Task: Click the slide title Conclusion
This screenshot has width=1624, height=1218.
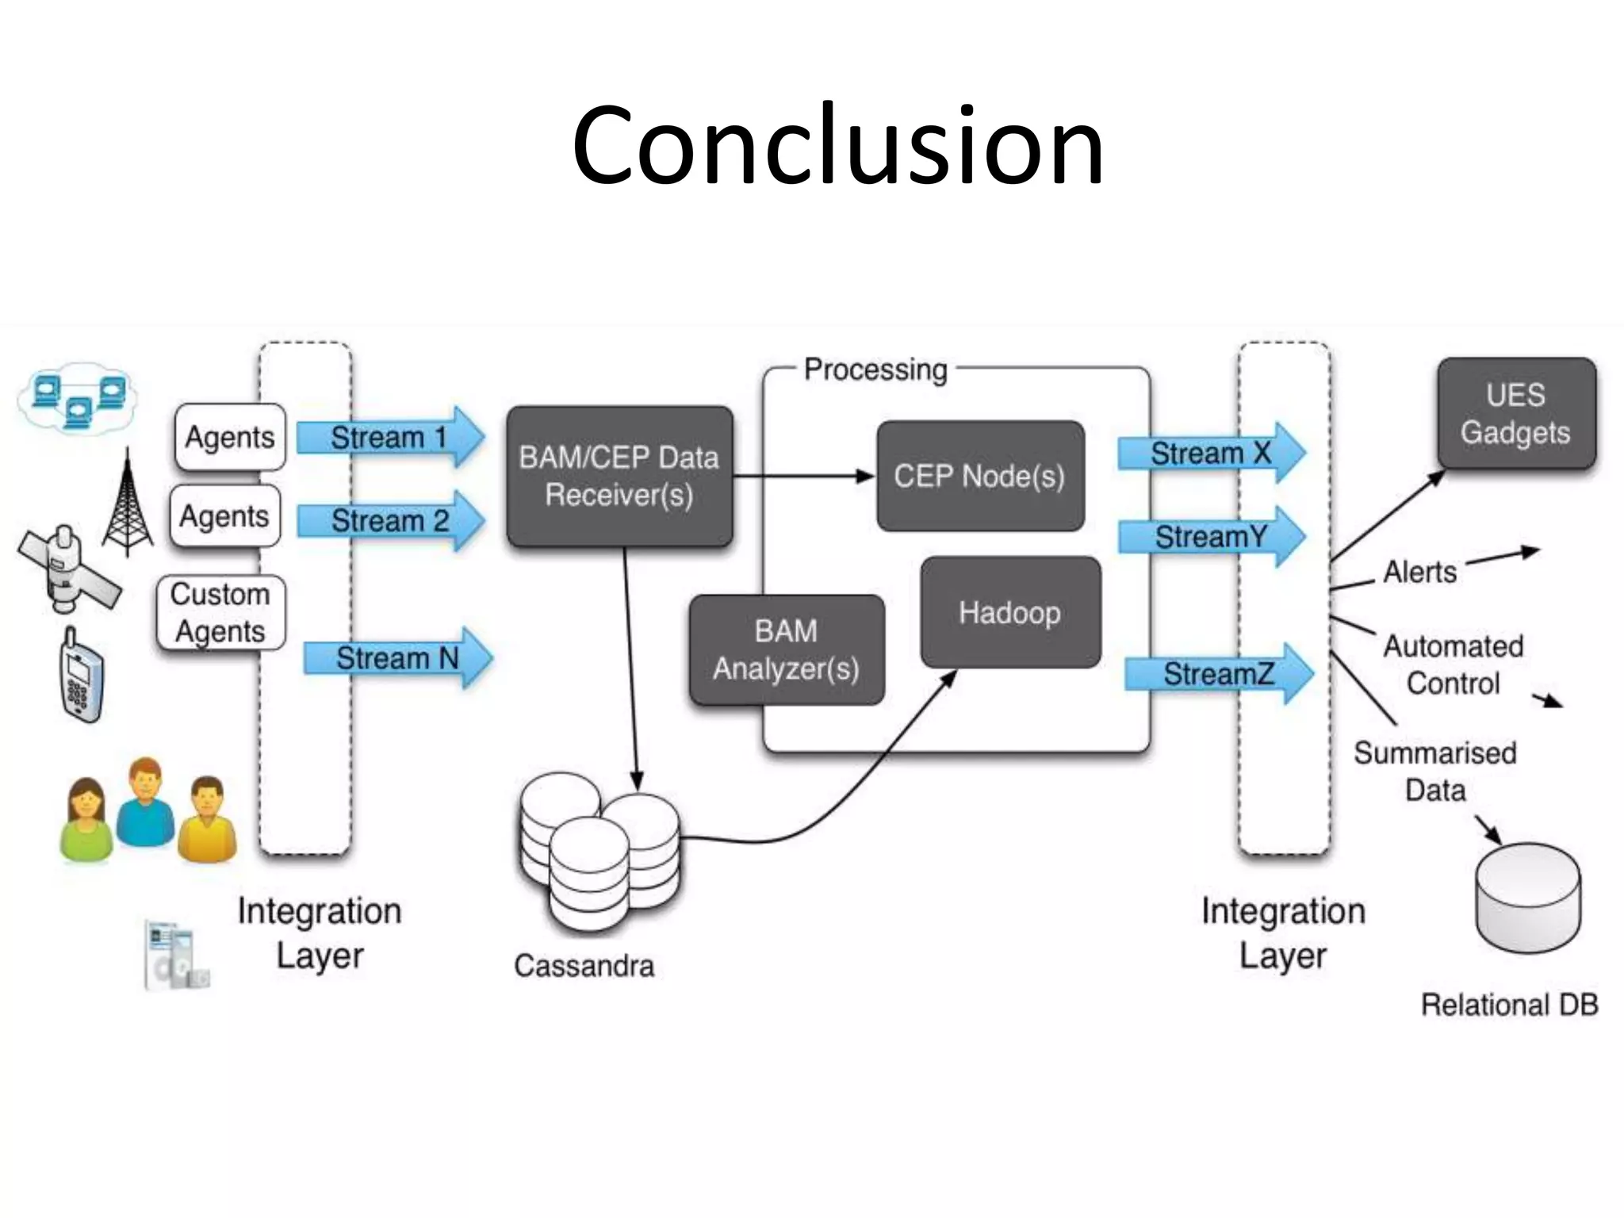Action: click(837, 147)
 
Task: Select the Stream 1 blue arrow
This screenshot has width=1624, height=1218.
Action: click(389, 437)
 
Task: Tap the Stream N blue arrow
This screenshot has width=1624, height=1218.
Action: click(396, 657)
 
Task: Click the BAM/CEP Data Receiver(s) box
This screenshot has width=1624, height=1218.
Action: click(619, 477)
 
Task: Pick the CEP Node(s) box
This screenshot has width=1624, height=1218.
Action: click(979, 476)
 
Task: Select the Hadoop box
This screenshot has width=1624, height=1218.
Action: click(1009, 612)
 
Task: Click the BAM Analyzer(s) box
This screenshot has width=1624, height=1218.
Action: click(786, 649)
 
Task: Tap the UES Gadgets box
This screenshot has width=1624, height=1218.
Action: click(1515, 414)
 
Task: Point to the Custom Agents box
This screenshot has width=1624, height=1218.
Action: click(220, 612)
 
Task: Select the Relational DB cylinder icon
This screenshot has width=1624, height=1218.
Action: click(1527, 898)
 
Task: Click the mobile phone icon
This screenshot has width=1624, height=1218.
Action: click(81, 676)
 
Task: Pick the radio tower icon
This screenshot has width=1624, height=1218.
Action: click(128, 504)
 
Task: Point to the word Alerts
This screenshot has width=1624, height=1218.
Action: click(1419, 572)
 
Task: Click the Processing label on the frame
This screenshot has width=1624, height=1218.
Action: click(875, 370)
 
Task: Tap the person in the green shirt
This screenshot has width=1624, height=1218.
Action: click(85, 821)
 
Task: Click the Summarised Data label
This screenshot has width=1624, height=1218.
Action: click(1434, 771)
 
